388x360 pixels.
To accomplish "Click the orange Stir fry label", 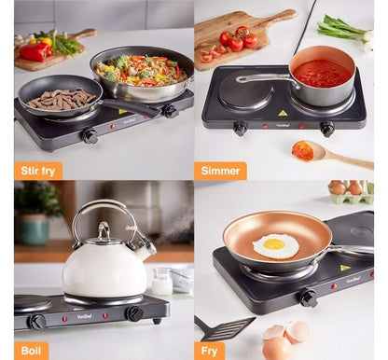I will tap(38, 170).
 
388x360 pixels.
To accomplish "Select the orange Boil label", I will tap(31, 351).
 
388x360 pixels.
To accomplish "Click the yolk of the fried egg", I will tap(274, 244).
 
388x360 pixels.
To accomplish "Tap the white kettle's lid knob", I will tap(104, 227).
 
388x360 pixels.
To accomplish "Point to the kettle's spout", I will tap(143, 244).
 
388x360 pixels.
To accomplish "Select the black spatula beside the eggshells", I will tap(224, 328).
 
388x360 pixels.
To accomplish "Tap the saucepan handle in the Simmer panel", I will tap(263, 79).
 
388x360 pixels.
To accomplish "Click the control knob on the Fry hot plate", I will tap(307, 298).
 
